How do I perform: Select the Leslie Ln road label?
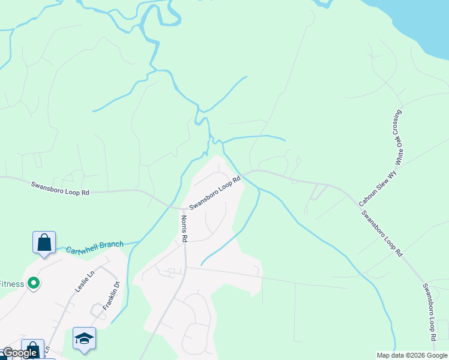coord(85,281)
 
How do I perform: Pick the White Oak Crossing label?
coord(397,137)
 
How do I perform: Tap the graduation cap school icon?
coord(84,338)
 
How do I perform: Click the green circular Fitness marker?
coord(34,283)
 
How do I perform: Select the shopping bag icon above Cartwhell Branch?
coord(44,242)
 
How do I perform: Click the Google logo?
coord(19,353)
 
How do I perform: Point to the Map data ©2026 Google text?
coord(412,355)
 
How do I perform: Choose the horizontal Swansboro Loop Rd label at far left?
coord(60,188)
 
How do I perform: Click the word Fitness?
coord(11,284)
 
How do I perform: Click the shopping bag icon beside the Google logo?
coord(33,350)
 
